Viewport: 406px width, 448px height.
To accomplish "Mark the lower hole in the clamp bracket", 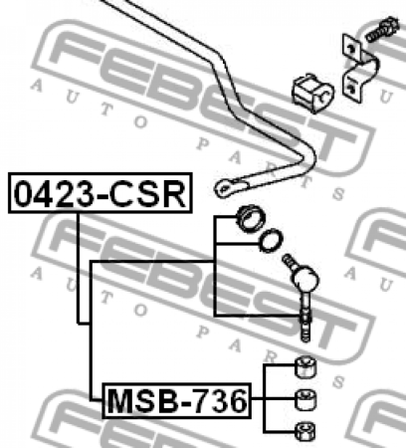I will point(352,89).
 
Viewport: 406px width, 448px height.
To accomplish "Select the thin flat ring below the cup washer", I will point(270,240).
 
